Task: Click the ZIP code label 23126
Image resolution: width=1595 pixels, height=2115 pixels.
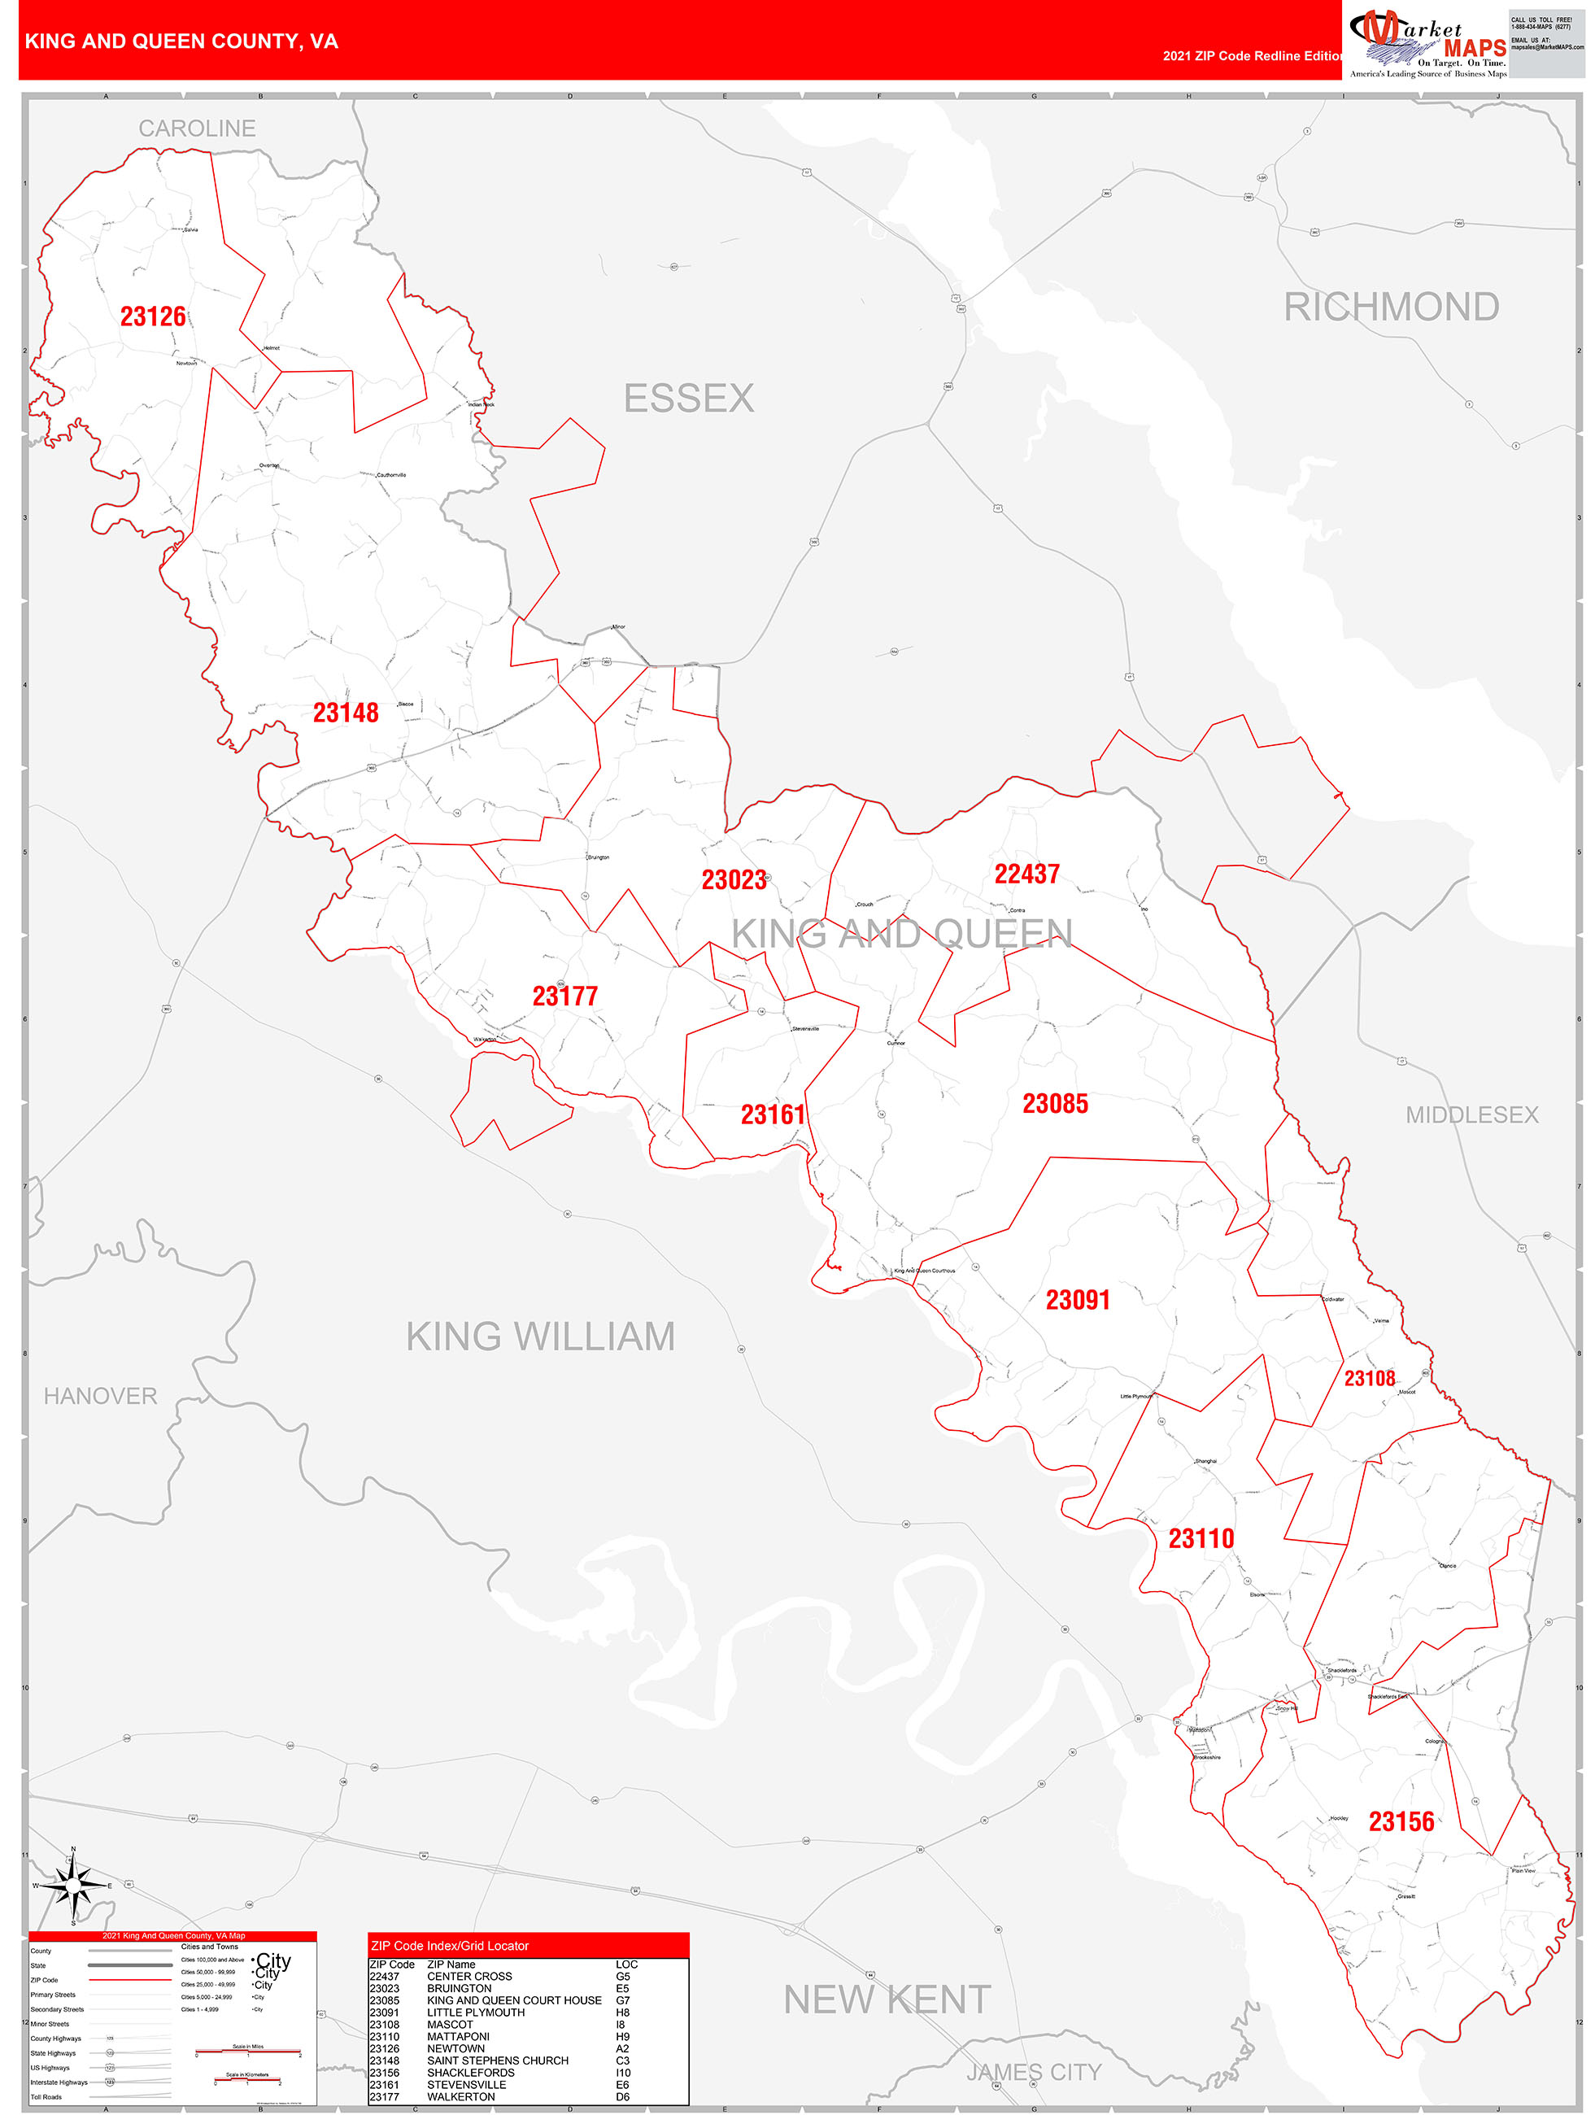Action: (153, 316)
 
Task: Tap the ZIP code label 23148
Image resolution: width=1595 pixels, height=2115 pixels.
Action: (345, 713)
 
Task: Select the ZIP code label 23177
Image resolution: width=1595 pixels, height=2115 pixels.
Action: (564, 996)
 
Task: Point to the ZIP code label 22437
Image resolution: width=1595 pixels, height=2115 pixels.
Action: (1026, 874)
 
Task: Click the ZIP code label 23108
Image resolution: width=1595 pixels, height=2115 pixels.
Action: (1370, 1378)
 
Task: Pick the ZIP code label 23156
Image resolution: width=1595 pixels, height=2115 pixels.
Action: (1401, 1821)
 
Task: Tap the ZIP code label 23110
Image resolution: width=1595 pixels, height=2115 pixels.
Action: (1201, 1538)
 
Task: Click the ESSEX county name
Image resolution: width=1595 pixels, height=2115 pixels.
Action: (688, 399)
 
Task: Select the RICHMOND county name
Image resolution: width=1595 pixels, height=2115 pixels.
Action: (1390, 307)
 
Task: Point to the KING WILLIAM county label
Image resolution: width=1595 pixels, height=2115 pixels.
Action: (540, 1337)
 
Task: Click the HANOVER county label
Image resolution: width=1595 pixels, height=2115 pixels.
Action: (100, 1396)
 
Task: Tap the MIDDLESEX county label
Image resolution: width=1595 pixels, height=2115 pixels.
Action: (1471, 1115)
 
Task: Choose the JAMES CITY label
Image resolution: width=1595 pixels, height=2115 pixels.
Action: (1033, 2072)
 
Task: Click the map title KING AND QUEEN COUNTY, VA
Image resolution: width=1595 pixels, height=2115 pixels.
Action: (181, 41)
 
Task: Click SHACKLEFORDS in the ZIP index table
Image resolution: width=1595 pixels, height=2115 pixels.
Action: (470, 2073)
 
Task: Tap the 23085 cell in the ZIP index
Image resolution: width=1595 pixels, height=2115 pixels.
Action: (385, 2000)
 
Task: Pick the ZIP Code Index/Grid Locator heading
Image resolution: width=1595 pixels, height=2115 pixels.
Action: (450, 1946)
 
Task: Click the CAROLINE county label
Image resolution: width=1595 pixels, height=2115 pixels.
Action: (197, 129)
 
